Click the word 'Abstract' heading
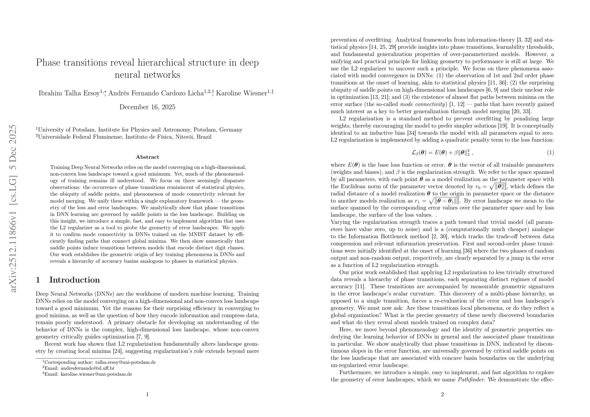(x=147, y=157)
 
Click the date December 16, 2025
(x=147, y=107)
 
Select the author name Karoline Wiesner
(x=241, y=93)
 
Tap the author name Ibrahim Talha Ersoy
(x=69, y=93)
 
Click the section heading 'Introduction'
(x=75, y=280)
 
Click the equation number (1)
(x=550, y=153)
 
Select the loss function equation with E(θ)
(x=442, y=153)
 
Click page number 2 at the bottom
(x=442, y=394)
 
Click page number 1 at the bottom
(x=147, y=394)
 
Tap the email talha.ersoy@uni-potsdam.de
(x=125, y=363)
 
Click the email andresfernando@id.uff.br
(x=87, y=368)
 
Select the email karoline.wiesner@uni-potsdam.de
(x=96, y=374)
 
